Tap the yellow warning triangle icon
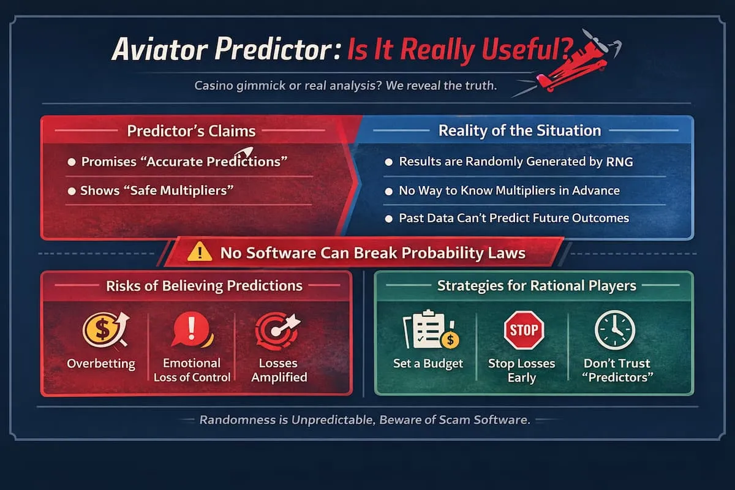click(200, 252)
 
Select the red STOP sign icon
click(524, 330)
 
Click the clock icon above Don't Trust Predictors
click(615, 330)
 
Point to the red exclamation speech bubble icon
click(192, 329)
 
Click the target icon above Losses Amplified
click(277, 331)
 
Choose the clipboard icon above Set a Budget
click(431, 329)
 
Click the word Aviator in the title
click(160, 49)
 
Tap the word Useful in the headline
click(522, 49)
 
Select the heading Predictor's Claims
click(191, 131)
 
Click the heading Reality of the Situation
click(520, 130)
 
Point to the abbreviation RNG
click(619, 162)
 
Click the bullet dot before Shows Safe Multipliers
click(72, 191)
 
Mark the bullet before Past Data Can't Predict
click(388, 219)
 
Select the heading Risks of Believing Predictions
click(204, 285)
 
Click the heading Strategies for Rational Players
click(537, 285)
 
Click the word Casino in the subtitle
click(214, 86)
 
